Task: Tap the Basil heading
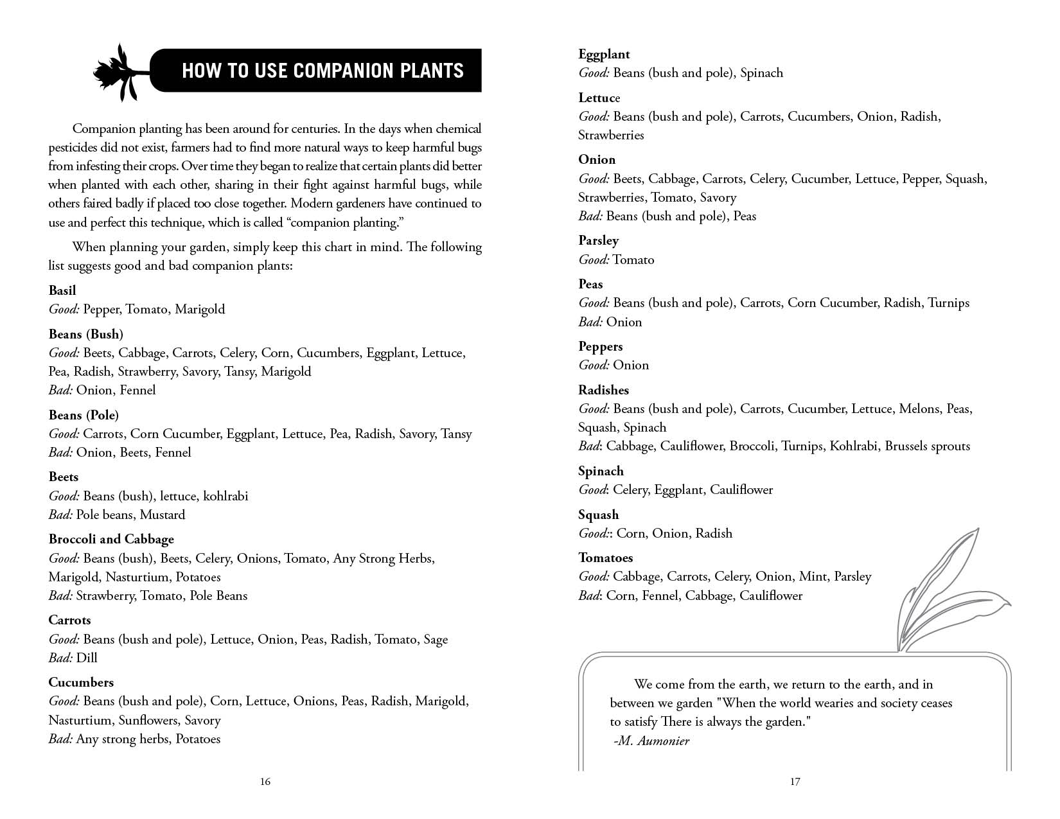[62, 290]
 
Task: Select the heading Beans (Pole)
[84, 415]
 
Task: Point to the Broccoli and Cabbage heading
[111, 539]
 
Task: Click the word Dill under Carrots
[87, 658]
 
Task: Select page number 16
[265, 782]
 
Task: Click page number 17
[795, 782]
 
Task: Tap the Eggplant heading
[604, 55]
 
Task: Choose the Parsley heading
[598, 240]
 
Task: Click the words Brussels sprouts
[927, 446]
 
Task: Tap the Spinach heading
[601, 471]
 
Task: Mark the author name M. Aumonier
[653, 741]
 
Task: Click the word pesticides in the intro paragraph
[73, 147]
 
